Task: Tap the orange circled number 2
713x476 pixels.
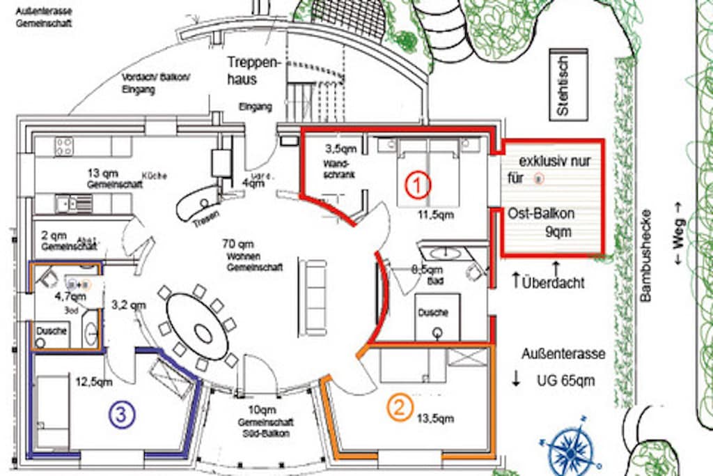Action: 400,408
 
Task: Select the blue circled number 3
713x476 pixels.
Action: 121,415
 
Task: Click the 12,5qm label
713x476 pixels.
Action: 93,382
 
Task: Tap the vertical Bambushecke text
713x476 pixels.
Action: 645,255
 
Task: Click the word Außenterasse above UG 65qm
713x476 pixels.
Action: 563,354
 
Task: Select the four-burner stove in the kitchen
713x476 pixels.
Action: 64,146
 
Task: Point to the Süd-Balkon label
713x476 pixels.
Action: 265,432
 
